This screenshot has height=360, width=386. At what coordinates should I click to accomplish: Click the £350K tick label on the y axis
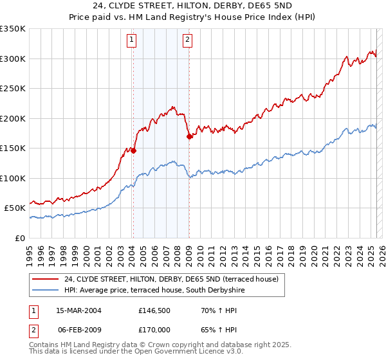(x=13, y=29)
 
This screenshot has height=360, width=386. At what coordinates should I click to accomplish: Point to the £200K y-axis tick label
(x=13, y=118)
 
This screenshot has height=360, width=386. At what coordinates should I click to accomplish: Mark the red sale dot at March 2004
(x=134, y=150)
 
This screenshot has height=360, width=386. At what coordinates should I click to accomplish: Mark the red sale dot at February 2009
(x=189, y=136)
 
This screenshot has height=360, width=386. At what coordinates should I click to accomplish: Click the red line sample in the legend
(x=46, y=279)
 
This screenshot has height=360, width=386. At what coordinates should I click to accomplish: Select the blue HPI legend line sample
(x=46, y=291)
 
